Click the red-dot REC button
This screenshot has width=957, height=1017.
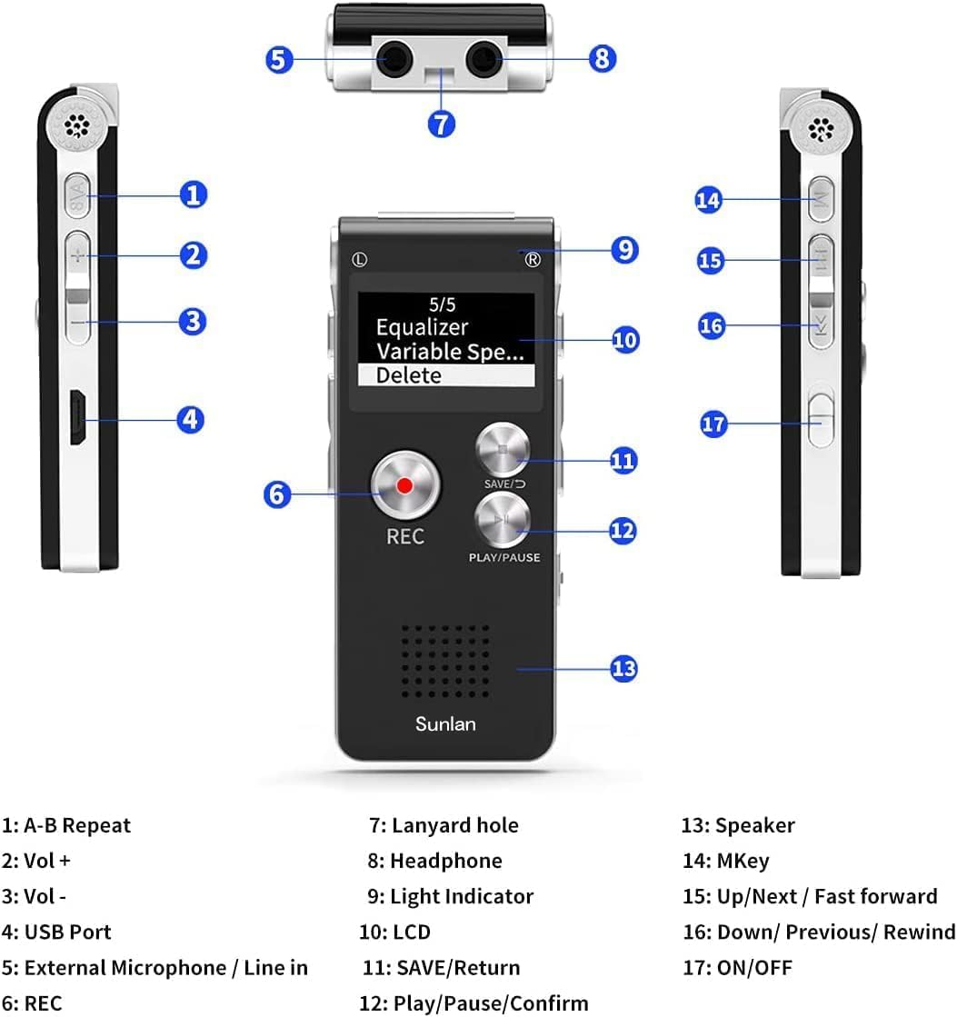pos(404,486)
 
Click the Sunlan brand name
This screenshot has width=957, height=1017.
pos(445,724)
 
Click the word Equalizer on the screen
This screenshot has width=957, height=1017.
pos(422,327)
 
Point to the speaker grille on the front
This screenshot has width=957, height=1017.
pos(445,661)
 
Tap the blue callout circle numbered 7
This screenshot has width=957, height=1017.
pos(441,123)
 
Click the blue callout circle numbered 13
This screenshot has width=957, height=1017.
pos(623,669)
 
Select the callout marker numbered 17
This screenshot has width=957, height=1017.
pos(714,424)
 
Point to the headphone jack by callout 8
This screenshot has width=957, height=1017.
pos(483,61)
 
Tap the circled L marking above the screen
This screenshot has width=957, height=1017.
pos(361,259)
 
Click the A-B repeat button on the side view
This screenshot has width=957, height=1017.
pos(78,194)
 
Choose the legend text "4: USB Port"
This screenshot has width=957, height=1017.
pos(56,932)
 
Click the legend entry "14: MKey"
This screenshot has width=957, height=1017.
pos(725,861)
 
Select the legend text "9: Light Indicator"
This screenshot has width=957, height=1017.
pos(450,896)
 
